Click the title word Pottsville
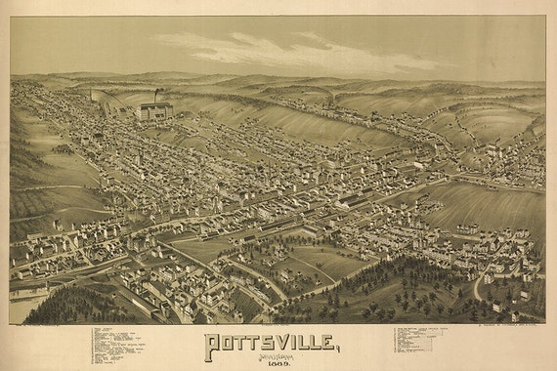[x=272, y=343]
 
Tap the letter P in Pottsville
[x=212, y=344]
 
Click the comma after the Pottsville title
[x=339, y=350]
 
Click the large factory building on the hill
[x=155, y=110]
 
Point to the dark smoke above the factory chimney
[x=159, y=94]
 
